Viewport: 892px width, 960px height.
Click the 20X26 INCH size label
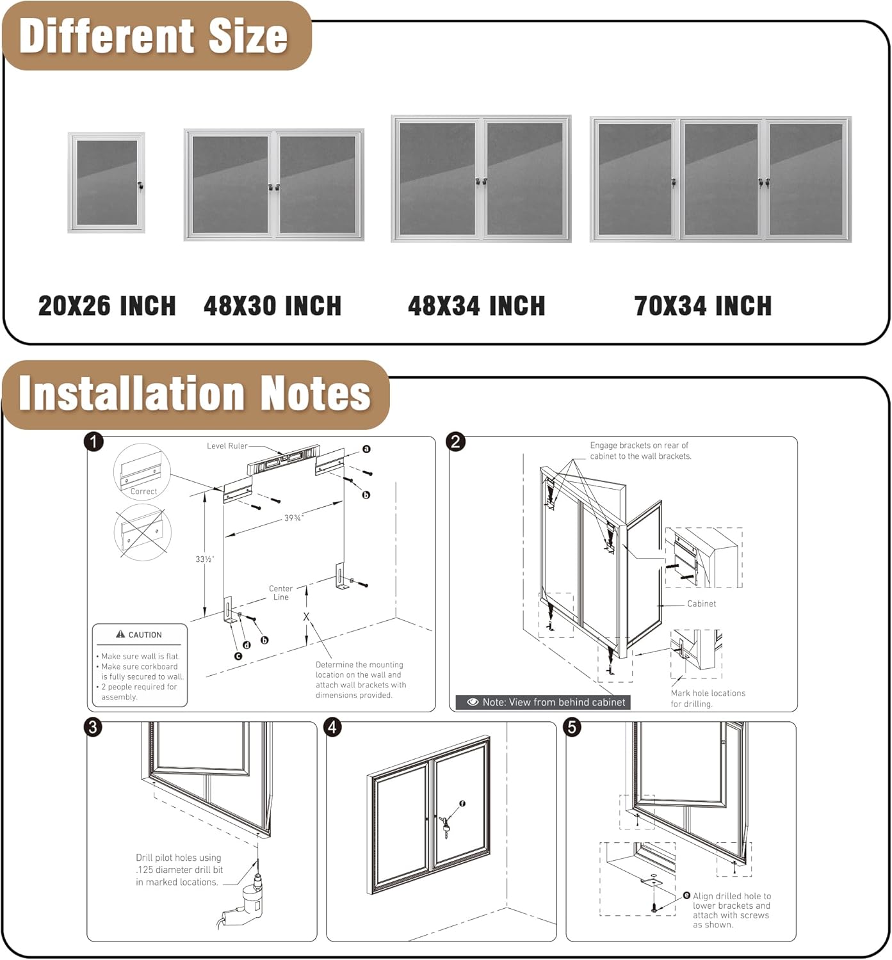pos(107,306)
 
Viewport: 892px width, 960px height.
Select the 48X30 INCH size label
pos(272,306)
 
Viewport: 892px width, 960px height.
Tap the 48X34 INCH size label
pos(476,306)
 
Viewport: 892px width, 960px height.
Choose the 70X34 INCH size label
pos(702,306)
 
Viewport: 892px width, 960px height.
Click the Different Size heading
pos(154,36)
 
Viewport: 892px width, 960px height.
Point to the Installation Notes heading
pos(195,393)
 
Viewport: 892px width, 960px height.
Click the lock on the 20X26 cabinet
pos(140,186)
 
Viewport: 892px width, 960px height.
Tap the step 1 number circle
pos(94,442)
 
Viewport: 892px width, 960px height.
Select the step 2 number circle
pos(456,442)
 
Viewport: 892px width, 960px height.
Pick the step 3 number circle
pos(93,727)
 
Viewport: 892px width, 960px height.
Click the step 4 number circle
pos(332,727)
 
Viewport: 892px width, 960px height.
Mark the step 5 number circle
pos(572,727)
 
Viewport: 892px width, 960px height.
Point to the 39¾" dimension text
pos(293,518)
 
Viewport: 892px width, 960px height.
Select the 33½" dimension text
pos(204,559)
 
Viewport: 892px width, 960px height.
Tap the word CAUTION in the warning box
pos(145,635)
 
